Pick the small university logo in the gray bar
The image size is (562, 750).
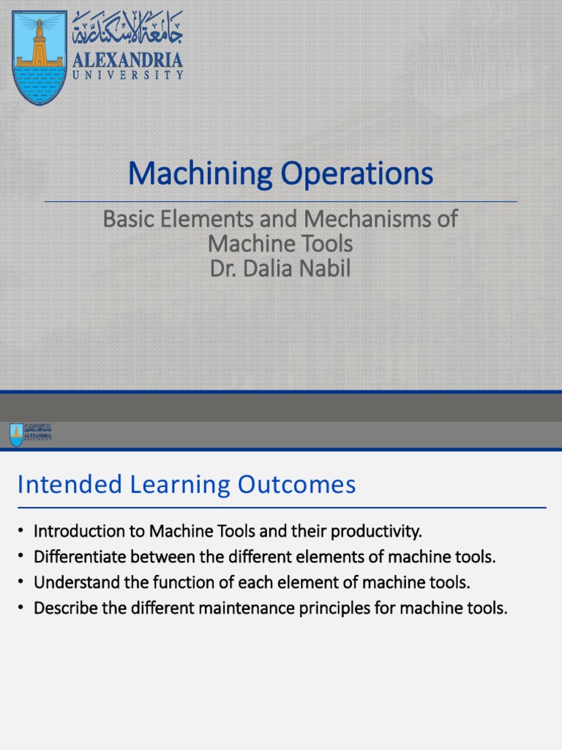click(16, 434)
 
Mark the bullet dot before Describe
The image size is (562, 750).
click(22, 609)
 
